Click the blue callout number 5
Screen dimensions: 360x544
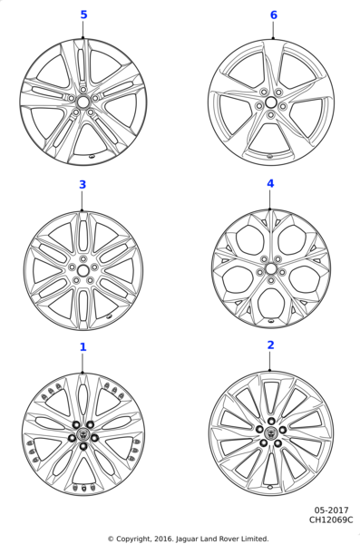83,15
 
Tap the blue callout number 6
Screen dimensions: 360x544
274,15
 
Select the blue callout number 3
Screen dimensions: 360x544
83,185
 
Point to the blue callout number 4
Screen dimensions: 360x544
270,183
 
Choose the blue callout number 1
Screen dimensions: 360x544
83,347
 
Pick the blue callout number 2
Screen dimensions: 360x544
271,345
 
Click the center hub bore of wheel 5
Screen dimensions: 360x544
83,102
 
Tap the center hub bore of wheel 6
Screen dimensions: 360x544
271,102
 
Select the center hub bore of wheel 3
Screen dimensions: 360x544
83,270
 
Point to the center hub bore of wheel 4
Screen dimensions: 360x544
271,269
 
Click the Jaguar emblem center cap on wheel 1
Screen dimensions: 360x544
83,433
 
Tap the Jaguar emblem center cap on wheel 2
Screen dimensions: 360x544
271,432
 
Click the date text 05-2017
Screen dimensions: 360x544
331,510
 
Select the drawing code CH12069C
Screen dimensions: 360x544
331,520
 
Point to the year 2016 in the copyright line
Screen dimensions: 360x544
162,539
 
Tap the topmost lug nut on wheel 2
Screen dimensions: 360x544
271,422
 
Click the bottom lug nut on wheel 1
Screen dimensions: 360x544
83,446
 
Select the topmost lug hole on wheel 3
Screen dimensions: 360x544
83,258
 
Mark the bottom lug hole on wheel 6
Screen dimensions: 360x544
271,115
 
